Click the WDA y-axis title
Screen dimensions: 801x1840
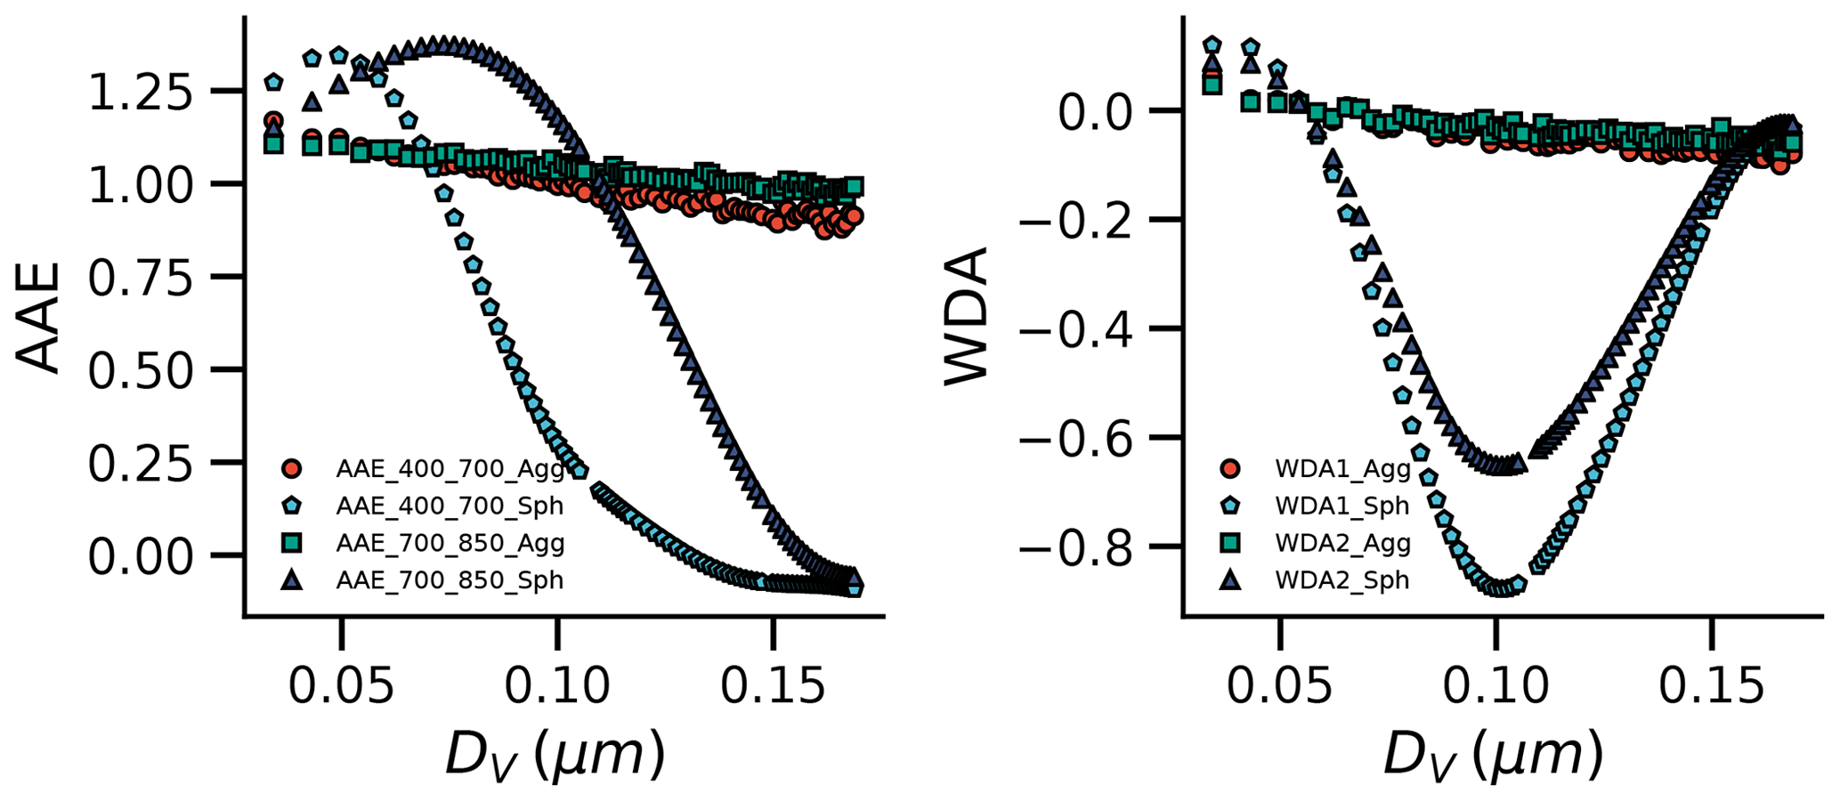pyautogui.click(x=968, y=318)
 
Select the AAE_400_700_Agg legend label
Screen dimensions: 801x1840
pyautogui.click(x=450, y=469)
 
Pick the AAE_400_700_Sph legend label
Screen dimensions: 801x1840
pyautogui.click(x=450, y=506)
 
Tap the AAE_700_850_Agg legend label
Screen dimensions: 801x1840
pyautogui.click(x=450, y=543)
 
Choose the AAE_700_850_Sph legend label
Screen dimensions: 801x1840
pyautogui.click(x=450, y=580)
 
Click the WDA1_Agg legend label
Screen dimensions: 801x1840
pyautogui.click(x=1342, y=469)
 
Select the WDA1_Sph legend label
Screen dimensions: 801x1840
pyautogui.click(x=1342, y=506)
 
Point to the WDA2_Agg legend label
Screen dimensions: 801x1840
pyautogui.click(x=1342, y=543)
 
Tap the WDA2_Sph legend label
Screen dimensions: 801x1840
pyautogui.click(x=1342, y=580)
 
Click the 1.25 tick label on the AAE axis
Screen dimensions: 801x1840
pyautogui.click(x=140, y=92)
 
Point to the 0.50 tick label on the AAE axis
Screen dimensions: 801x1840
pyautogui.click(x=140, y=370)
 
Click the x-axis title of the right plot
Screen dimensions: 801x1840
pyautogui.click(x=1493, y=756)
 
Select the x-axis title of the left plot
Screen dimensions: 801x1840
pyautogui.click(x=555, y=756)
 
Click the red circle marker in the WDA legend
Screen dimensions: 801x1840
pyautogui.click(x=1229, y=469)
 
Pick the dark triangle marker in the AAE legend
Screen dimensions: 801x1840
pyautogui.click(x=291, y=580)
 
